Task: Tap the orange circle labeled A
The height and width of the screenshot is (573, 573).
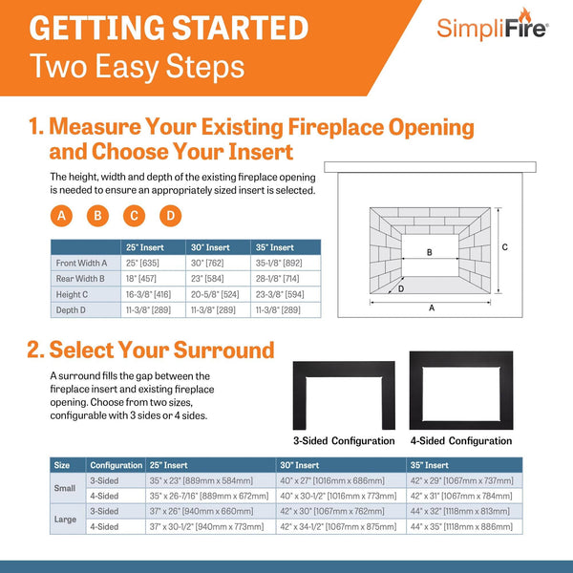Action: coord(62,215)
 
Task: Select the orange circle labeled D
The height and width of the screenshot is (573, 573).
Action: coord(170,215)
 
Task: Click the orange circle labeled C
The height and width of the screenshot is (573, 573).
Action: coord(135,215)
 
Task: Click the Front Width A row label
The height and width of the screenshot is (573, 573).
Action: coord(81,263)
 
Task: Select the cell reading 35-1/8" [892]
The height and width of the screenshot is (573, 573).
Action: coord(278,263)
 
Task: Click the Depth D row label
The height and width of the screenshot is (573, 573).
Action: coord(73,311)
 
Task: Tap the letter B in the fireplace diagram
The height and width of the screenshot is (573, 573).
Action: coord(430,252)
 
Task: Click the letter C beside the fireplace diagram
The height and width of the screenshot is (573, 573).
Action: coord(505,246)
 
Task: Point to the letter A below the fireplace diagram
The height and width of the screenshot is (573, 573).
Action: coord(432,308)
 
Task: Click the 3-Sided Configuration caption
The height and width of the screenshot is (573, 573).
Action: coord(343,440)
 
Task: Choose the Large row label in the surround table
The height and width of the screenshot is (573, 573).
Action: coord(64,519)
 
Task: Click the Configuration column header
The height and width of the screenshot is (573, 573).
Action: coord(116,465)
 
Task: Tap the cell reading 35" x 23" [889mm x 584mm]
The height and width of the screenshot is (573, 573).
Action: coord(201,480)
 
